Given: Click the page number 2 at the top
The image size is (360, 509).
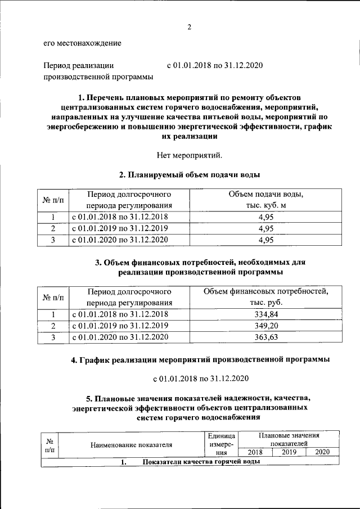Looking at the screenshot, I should pos(190,27).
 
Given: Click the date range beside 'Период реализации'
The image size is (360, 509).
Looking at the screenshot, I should pos(215,66).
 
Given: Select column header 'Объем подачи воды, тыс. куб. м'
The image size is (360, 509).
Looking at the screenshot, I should pos(265,200).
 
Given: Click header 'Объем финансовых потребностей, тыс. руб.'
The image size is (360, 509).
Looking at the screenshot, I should pos(265,297).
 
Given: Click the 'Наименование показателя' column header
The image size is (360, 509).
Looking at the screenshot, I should pos(131,444).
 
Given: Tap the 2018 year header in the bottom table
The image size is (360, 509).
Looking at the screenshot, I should pos(255,452).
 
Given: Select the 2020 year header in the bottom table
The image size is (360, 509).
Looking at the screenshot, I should pos(322,452).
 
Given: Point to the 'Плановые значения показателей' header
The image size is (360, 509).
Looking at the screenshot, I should pos(289,439).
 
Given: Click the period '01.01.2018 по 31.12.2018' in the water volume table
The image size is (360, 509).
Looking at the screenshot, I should pos(119,217).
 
